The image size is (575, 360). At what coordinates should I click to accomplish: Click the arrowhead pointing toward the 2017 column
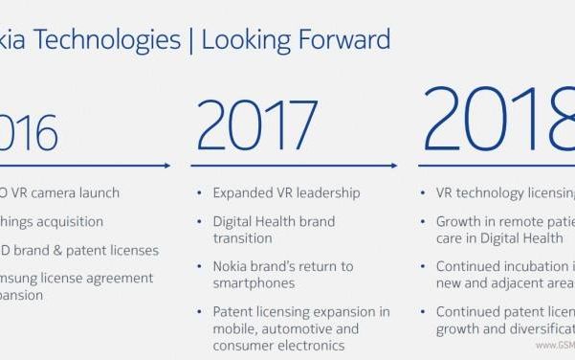tap(168, 166)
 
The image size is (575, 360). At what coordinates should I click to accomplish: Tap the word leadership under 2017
tap(328, 193)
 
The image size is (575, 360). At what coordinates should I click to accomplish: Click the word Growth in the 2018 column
tap(459, 221)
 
